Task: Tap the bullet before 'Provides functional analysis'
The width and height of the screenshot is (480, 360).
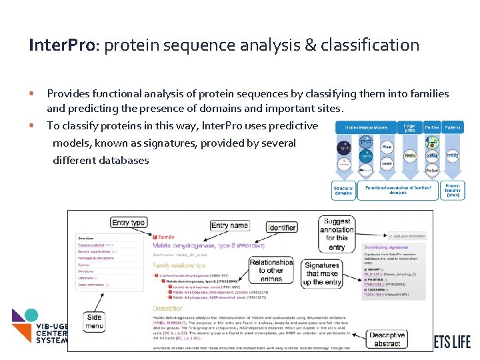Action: pyautogui.click(x=31, y=94)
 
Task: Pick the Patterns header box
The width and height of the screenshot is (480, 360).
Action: pyautogui.click(x=453, y=127)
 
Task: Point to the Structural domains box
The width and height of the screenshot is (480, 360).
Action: pyautogui.click(x=343, y=191)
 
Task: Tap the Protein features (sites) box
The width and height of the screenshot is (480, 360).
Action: pyautogui.click(x=453, y=191)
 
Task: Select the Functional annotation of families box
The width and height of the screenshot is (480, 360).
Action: pyautogui.click(x=398, y=191)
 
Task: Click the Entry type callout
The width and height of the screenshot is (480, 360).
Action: pyautogui.click(x=129, y=223)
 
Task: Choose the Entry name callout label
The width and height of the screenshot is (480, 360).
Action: pyautogui.click(x=229, y=226)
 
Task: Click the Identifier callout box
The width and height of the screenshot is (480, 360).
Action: pyautogui.click(x=282, y=227)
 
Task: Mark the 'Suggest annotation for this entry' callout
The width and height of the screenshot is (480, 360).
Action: pyautogui.click(x=337, y=233)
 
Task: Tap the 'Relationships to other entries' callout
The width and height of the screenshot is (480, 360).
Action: pyautogui.click(x=271, y=271)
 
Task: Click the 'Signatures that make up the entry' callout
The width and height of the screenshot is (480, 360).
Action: pyautogui.click(x=322, y=273)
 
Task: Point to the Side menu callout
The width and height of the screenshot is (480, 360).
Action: pyautogui.click(x=95, y=322)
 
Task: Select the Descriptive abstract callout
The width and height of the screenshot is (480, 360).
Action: pyautogui.click(x=387, y=339)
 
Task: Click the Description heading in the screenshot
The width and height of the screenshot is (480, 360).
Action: pyautogui.click(x=168, y=309)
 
